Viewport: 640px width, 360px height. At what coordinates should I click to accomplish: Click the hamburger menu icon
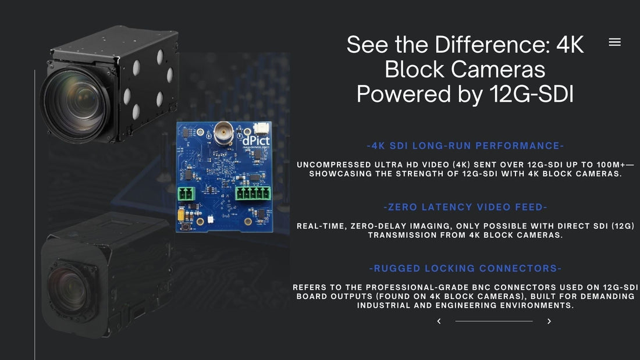click(x=614, y=42)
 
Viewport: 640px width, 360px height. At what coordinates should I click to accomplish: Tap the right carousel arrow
click(x=549, y=321)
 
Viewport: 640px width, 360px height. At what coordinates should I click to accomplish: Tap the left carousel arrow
click(x=439, y=321)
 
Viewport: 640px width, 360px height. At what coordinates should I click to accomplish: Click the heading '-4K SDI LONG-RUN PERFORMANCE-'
click(x=465, y=146)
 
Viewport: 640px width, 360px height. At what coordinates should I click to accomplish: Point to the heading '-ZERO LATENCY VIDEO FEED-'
click(x=465, y=207)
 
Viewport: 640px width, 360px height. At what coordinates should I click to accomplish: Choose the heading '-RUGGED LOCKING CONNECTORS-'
click(x=465, y=268)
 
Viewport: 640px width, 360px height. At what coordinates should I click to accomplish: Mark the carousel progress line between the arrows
click(x=493, y=321)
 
